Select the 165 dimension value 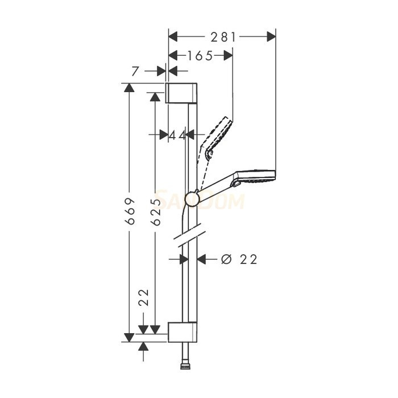[200, 55]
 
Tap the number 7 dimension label [135, 71]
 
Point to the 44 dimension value [177, 135]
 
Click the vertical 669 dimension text [130, 212]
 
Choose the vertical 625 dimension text [155, 212]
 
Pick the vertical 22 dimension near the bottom [143, 297]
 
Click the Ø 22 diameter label [239, 259]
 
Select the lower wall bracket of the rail [183, 332]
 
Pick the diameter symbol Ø [226, 259]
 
